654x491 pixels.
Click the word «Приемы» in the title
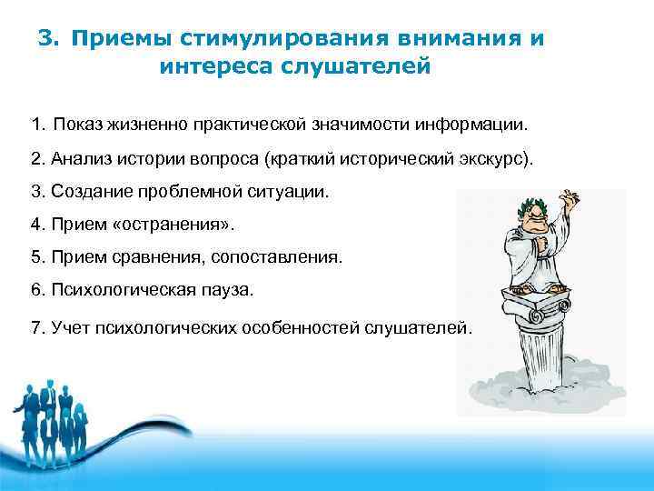tap(120, 39)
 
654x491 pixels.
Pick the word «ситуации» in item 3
tap(294, 192)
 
